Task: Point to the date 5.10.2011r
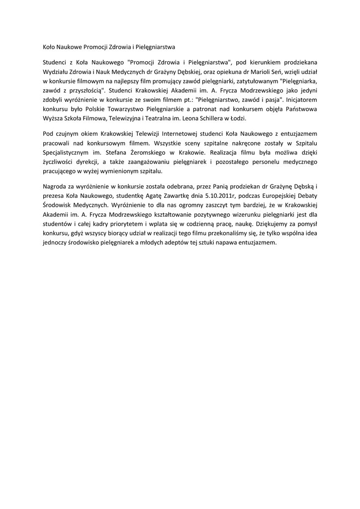pyautogui.click(x=225, y=195)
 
